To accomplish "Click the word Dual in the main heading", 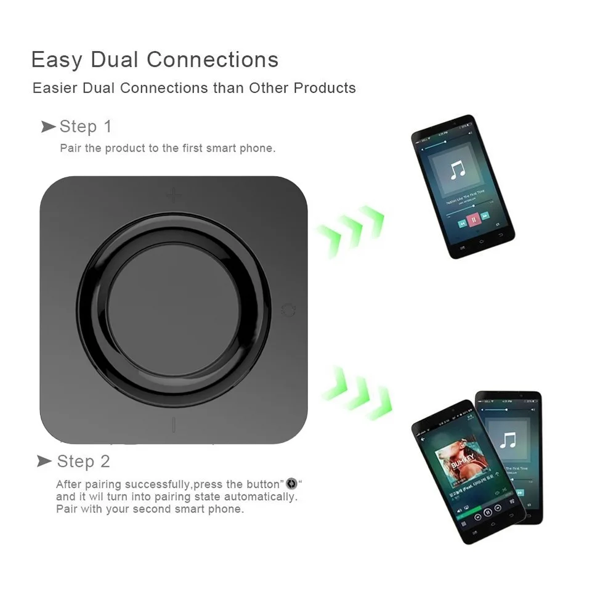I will pos(115,60).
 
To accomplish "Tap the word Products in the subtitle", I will pos(324,88).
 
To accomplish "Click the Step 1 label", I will pos(86,127).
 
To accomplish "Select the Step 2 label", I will pos(84,461).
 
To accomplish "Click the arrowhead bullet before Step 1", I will pos(48,127).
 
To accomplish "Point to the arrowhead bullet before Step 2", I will pos(44,461).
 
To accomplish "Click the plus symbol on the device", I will pos(174,196).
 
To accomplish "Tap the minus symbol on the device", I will pos(174,425).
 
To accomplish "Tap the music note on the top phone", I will pos(457,169).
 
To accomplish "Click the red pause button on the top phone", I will pos(473,219).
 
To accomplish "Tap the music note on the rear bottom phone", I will pos(508,440).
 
